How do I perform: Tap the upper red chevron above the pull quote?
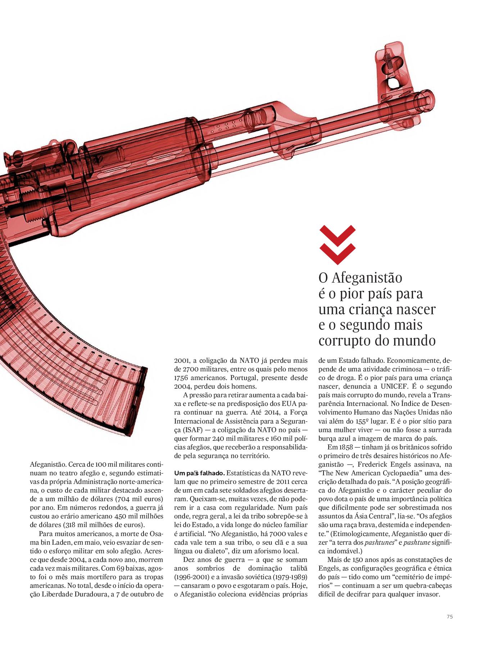coord(337,234)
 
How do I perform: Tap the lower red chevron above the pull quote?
coord(337,252)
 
